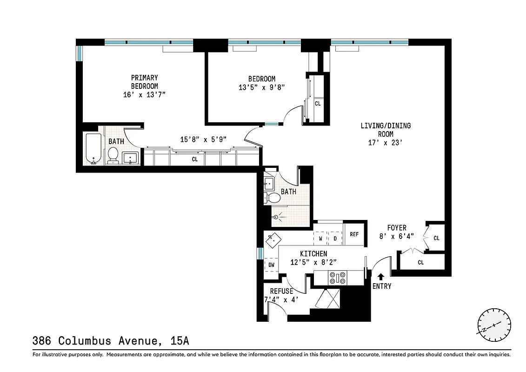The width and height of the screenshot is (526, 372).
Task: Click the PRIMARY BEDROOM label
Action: pyautogui.click(x=144, y=82)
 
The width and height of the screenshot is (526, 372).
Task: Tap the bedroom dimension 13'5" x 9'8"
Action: pyautogui.click(x=261, y=86)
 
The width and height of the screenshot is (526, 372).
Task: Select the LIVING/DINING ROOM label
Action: pyautogui.click(x=386, y=130)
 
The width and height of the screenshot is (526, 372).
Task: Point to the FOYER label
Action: pyautogui.click(x=397, y=228)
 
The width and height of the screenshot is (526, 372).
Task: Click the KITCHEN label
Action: pyautogui.click(x=313, y=253)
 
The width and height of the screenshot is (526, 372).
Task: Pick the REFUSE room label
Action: pyautogui.click(x=279, y=291)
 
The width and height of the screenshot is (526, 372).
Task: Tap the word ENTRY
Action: pyautogui.click(x=382, y=286)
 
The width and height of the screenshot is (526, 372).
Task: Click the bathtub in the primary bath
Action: pyautogui.click(x=93, y=149)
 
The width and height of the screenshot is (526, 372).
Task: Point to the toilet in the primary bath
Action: pyautogui.click(x=113, y=155)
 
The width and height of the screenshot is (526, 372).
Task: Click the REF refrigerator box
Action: pyautogui.click(x=354, y=234)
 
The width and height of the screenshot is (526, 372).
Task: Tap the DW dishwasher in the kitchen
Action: pyautogui.click(x=272, y=265)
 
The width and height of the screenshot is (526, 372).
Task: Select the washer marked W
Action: pyautogui.click(x=320, y=239)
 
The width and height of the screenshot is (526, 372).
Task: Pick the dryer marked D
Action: pyautogui.click(x=335, y=239)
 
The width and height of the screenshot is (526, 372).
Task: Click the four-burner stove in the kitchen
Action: pyautogui.click(x=338, y=278)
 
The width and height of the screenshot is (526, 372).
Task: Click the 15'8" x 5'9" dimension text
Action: pyautogui.click(x=203, y=139)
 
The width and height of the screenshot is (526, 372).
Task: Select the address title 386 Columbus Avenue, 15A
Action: pyautogui.click(x=111, y=341)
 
